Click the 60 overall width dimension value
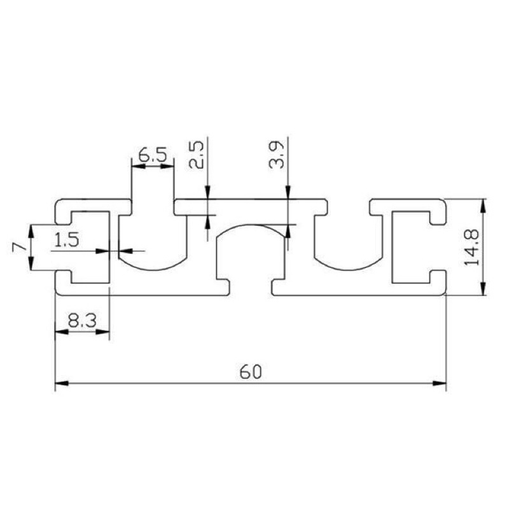point(250,372)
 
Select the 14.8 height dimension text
point(471,248)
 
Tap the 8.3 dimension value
point(83,321)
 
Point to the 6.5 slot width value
point(153,155)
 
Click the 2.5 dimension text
point(197,154)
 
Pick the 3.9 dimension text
point(277,154)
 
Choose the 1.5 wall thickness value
point(67,241)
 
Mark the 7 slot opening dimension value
point(19,248)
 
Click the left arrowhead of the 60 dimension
point(62,384)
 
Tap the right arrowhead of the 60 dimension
point(440,384)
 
